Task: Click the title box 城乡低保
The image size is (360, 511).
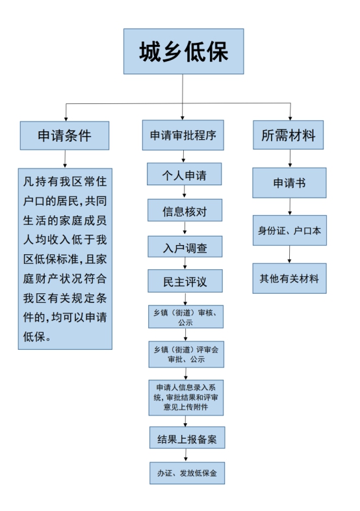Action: (183, 51)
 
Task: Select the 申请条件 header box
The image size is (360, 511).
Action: (64, 136)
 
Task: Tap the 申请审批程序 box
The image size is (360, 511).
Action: (183, 135)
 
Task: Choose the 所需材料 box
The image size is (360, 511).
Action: (289, 135)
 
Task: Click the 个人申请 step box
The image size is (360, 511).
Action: (185, 174)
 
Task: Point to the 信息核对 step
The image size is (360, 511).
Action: (185, 210)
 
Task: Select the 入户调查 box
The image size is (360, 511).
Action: (185, 246)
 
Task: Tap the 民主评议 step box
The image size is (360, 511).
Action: (185, 281)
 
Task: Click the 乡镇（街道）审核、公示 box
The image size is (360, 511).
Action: (186, 317)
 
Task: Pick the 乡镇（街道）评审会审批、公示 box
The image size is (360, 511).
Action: (186, 354)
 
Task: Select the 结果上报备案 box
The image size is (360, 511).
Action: (187, 438)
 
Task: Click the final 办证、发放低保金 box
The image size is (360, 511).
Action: (187, 473)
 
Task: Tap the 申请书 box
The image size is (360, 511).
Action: (289, 183)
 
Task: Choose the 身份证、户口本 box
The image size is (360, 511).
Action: (290, 230)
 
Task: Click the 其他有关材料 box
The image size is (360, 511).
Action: (289, 278)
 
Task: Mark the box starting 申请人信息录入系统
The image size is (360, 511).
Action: (186, 398)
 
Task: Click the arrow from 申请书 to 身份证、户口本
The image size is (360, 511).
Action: (290, 207)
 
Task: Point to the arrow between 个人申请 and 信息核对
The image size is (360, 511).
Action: (185, 192)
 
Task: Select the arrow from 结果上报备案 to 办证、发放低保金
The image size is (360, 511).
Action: (186, 455)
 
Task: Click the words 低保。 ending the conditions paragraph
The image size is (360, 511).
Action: (37, 337)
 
